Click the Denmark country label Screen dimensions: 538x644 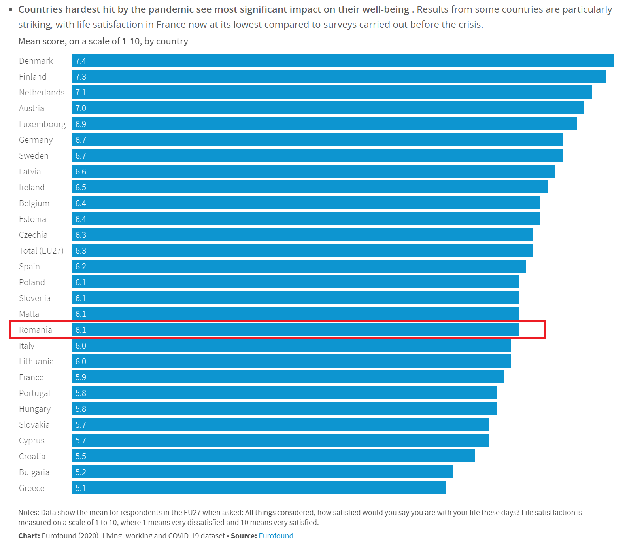pyautogui.click(x=36, y=61)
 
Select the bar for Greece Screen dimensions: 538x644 pyautogui.click(x=259, y=488)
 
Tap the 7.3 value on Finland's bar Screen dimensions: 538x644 pyautogui.click(x=81, y=77)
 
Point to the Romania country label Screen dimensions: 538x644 pyautogui.click(x=36, y=330)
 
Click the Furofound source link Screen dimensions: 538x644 pyautogui.click(x=276, y=535)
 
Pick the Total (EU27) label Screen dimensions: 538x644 pyautogui.click(x=41, y=251)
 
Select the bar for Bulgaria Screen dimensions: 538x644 pyautogui.click(x=262, y=472)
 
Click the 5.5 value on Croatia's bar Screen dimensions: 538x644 pyautogui.click(x=81, y=457)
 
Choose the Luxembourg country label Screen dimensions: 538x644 pyautogui.click(x=42, y=124)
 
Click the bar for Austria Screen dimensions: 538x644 pyautogui.click(x=328, y=108)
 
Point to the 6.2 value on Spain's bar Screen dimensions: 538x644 pyautogui.click(x=81, y=267)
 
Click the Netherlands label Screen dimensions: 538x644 pyautogui.click(x=42, y=93)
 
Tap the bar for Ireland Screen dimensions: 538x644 pyautogui.click(x=310, y=187)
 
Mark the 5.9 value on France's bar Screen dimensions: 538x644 pyautogui.click(x=81, y=377)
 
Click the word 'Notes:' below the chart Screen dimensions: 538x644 pyautogui.click(x=28, y=513)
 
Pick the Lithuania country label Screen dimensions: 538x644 pyautogui.click(x=36, y=362)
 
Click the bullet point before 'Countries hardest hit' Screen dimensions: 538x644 pyautogui.click(x=11, y=9)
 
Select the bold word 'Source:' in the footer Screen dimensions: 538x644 pyautogui.click(x=244, y=535)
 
